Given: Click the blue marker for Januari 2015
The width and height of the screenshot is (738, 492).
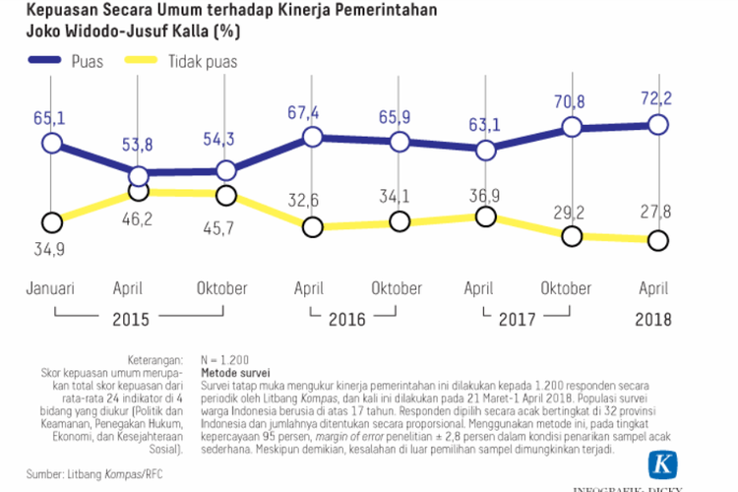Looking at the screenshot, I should coord(52,144).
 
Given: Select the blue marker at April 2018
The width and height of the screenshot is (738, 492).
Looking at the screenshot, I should coord(656,125).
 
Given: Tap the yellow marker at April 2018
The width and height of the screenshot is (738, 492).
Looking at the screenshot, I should coord(656,240).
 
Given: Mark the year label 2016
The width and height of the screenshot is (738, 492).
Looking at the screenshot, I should coord(345,320).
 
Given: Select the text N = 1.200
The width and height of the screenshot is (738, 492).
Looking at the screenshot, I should coord(225,361).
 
